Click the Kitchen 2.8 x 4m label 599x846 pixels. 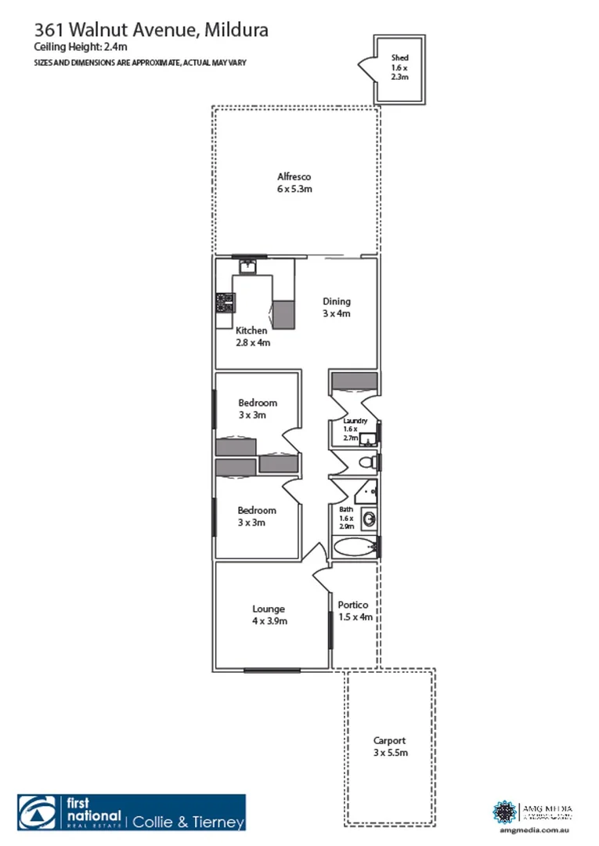pyautogui.click(x=252, y=336)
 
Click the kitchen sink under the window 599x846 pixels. pyautogui.click(x=248, y=266)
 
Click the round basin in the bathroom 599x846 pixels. pyautogui.click(x=370, y=517)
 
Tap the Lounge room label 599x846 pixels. pyautogui.click(x=269, y=615)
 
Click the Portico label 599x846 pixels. pyautogui.click(x=353, y=611)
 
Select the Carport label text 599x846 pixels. pyautogui.click(x=390, y=747)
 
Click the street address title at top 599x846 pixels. pyautogui.click(x=151, y=31)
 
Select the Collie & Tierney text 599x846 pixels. pyautogui.click(x=188, y=822)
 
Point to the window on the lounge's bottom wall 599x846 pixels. pyautogui.click(x=272, y=670)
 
